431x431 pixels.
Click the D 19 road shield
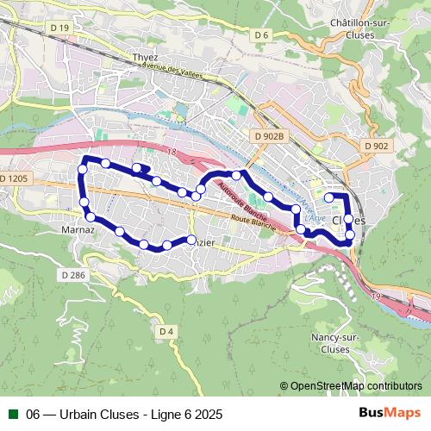pyautogui.click(x=59, y=28)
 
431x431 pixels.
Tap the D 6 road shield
pyautogui.click(x=262, y=34)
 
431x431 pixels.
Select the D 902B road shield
pyautogui.click(x=270, y=135)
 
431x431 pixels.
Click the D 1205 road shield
pyautogui.click(x=15, y=178)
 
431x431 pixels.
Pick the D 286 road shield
pyautogui.click(x=74, y=274)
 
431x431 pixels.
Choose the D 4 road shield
pyautogui.click(x=166, y=330)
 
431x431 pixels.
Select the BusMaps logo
pyautogui.click(x=390, y=414)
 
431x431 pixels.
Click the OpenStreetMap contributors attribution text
pyautogui.click(x=351, y=386)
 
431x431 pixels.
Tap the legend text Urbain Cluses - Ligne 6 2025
pyautogui.click(x=124, y=414)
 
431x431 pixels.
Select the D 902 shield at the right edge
pyautogui.click(x=376, y=147)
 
